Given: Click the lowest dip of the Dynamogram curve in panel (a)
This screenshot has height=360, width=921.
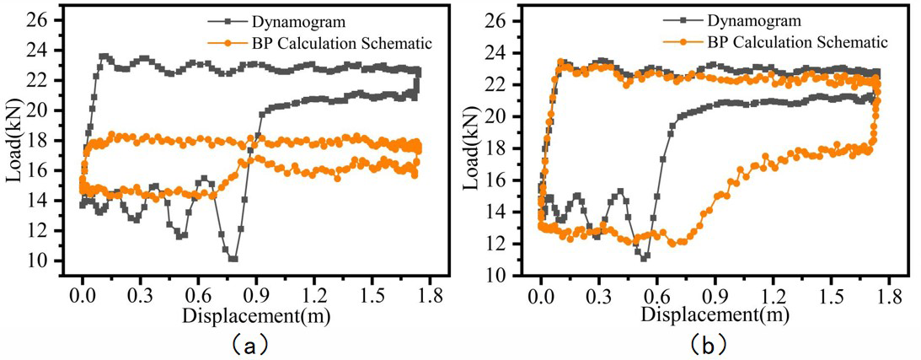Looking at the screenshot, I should tap(233, 258).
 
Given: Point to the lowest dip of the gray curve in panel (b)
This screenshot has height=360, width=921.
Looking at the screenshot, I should tap(644, 257).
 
